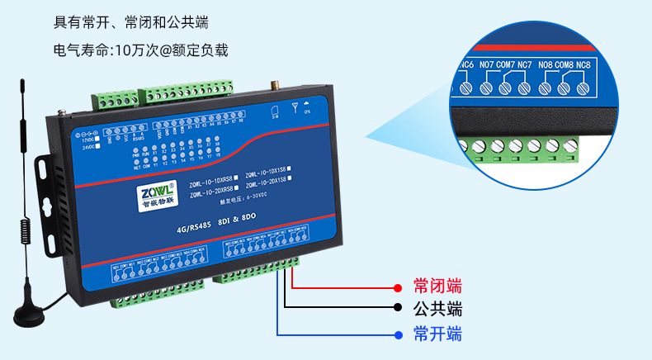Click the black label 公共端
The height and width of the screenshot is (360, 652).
[x=437, y=310]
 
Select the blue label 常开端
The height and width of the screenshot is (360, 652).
[x=437, y=334]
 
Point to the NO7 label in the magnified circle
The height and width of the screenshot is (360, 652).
[x=485, y=64]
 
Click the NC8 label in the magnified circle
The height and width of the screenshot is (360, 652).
[x=583, y=64]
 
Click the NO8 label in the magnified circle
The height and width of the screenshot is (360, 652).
[x=545, y=64]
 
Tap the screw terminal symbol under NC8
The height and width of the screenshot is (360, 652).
[x=583, y=87]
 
